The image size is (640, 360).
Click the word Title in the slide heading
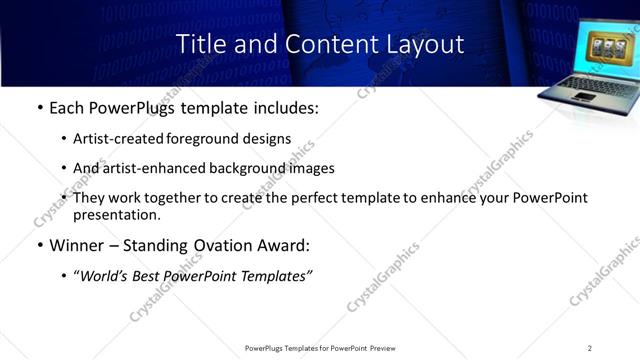click(199, 45)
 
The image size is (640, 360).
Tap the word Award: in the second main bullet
click(286, 246)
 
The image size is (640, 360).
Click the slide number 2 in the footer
click(589, 347)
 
